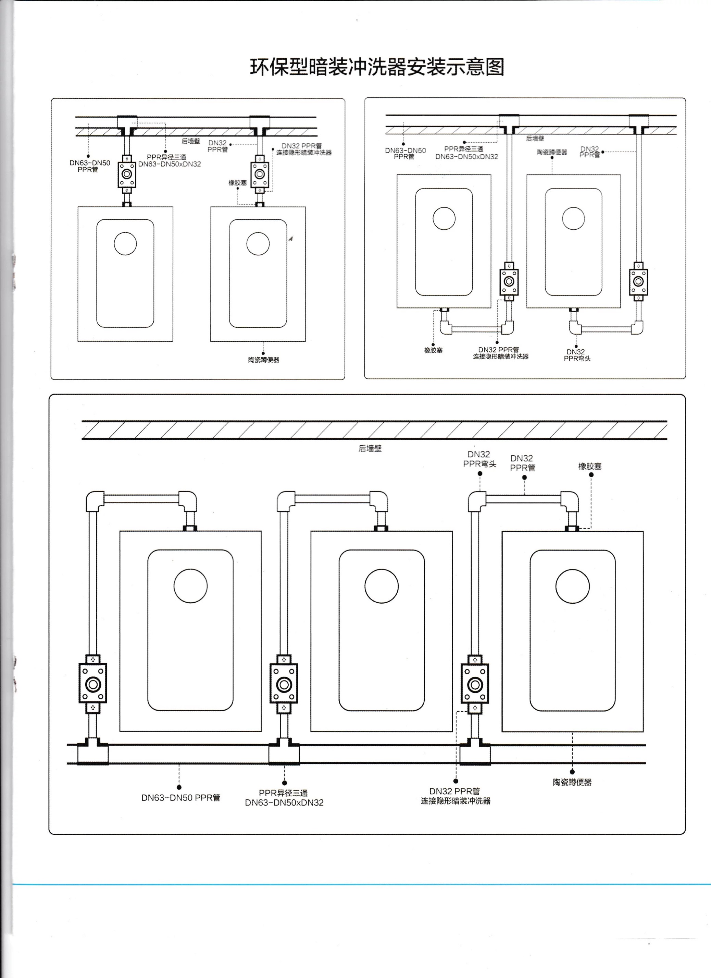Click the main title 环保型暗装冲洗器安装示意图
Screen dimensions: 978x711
(x=377, y=67)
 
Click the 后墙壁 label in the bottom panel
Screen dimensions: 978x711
(x=370, y=448)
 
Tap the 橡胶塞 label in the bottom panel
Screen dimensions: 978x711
(x=589, y=466)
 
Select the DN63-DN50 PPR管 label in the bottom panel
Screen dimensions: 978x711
(x=180, y=798)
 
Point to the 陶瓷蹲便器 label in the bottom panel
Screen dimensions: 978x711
(x=572, y=782)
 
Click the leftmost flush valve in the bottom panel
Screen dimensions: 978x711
(x=93, y=684)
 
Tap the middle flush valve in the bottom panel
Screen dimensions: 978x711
(x=284, y=684)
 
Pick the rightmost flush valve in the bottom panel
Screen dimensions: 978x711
(x=475, y=684)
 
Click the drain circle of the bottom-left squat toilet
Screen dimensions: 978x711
(x=190, y=585)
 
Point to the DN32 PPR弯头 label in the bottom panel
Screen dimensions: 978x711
(x=479, y=459)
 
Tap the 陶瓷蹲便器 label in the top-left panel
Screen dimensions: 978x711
(x=263, y=360)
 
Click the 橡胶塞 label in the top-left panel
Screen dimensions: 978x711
(x=237, y=183)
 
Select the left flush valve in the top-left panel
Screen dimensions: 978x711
(x=127, y=174)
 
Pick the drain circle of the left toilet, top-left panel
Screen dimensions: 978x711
(x=125, y=244)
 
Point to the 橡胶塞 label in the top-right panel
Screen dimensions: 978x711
(x=433, y=350)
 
